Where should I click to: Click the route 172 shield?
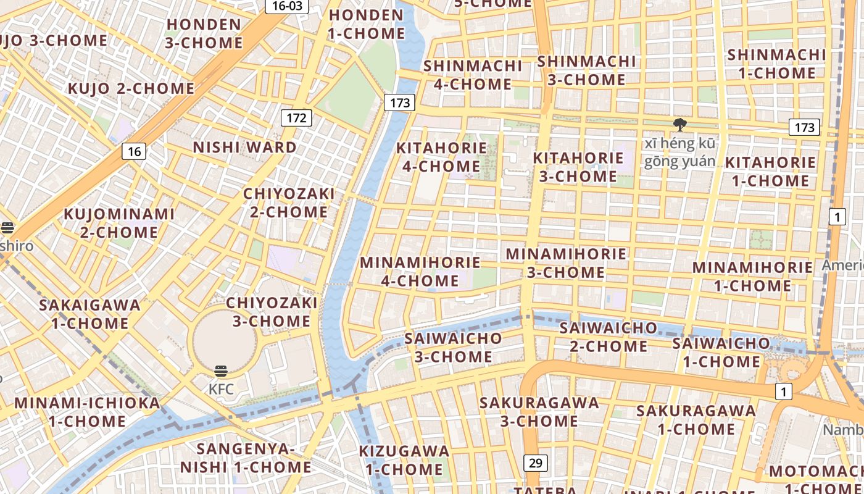click(x=296, y=117)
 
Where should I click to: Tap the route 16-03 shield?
click(x=287, y=6)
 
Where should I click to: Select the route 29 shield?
click(x=535, y=463)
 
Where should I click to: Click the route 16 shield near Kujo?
click(x=134, y=151)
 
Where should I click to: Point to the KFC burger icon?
click(x=221, y=372)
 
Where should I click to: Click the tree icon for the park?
click(x=680, y=125)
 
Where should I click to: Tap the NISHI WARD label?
click(x=245, y=148)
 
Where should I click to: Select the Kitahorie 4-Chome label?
click(x=441, y=157)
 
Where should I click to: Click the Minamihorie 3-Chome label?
click(x=566, y=263)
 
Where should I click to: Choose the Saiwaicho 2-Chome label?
click(x=608, y=337)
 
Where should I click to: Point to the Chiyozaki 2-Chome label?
click(x=289, y=203)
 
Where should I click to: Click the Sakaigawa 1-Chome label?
click(x=89, y=314)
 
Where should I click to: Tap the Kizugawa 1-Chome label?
click(x=404, y=460)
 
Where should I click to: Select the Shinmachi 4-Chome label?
click(x=473, y=75)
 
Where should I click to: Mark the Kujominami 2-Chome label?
click(x=120, y=223)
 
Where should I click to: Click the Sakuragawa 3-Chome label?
click(x=539, y=412)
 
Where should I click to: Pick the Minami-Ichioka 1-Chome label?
click(x=87, y=412)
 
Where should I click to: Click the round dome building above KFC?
click(x=224, y=340)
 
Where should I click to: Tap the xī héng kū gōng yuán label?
click(x=681, y=153)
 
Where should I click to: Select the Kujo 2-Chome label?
click(x=131, y=88)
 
